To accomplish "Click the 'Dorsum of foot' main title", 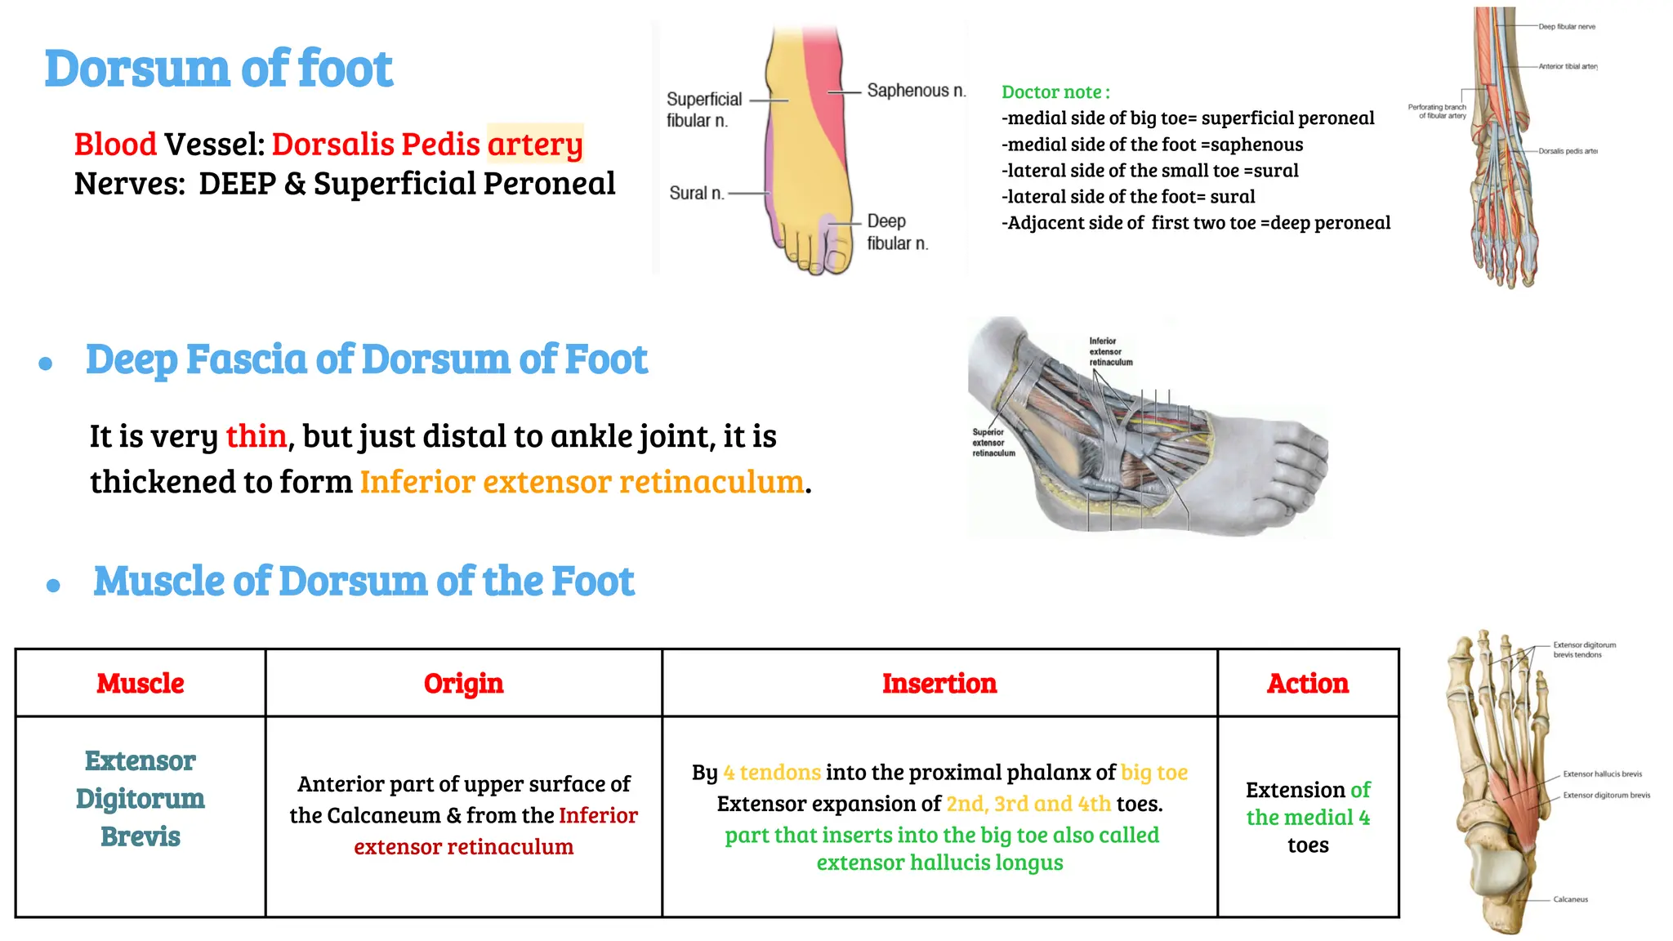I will (x=218, y=69).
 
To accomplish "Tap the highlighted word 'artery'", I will (x=535, y=145).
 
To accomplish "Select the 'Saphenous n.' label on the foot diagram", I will (x=916, y=91).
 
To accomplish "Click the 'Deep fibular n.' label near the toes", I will (x=897, y=232).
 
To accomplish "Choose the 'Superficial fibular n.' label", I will (x=703, y=109).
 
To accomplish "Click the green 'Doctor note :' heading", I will (x=1055, y=92).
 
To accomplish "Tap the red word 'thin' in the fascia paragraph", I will (x=256, y=436).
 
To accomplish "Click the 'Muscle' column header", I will (x=141, y=683).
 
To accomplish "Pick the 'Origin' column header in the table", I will (x=463, y=683).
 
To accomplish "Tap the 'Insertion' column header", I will (x=939, y=683).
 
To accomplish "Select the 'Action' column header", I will (x=1308, y=683).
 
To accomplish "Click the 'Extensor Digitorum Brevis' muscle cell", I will (x=141, y=798).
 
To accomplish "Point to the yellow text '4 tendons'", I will (x=772, y=773).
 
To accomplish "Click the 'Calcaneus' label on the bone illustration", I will (x=1570, y=899).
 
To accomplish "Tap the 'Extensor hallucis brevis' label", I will (x=1602, y=774).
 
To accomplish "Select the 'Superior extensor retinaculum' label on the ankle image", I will (x=993, y=443).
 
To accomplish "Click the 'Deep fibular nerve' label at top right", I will (x=1567, y=27).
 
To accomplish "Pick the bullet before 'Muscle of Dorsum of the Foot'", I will (x=54, y=585).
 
